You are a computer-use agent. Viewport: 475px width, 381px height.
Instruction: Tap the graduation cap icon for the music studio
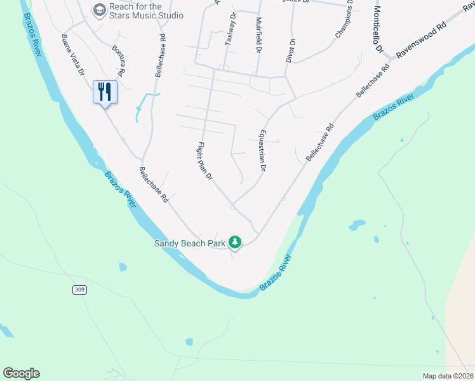click(99, 10)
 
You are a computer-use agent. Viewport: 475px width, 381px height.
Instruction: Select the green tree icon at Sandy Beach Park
click(235, 241)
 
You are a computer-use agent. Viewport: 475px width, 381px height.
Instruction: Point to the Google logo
click(21, 373)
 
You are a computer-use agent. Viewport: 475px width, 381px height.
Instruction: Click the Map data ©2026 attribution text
click(448, 376)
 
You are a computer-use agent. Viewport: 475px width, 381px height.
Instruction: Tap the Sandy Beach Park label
click(191, 243)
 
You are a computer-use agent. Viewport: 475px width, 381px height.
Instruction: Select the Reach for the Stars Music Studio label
click(146, 11)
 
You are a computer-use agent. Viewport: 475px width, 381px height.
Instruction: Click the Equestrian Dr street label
click(260, 150)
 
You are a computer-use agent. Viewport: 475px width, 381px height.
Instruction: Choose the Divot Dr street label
click(292, 51)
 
